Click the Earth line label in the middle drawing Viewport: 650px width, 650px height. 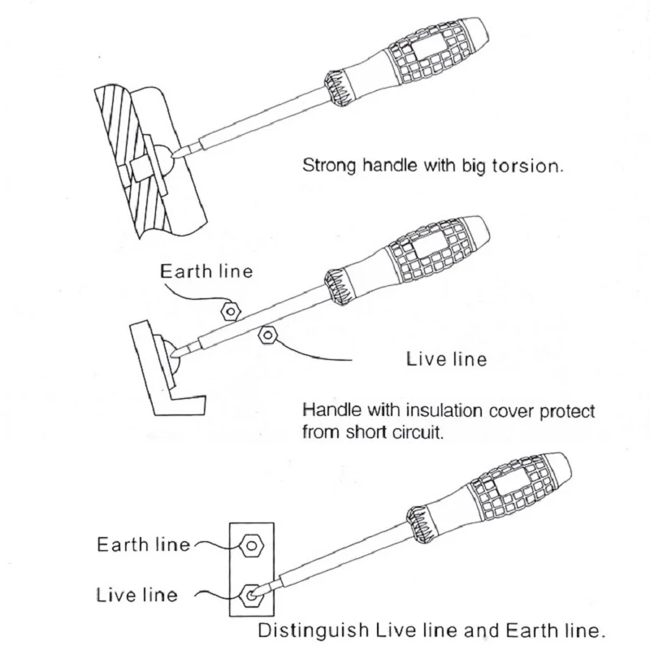206,271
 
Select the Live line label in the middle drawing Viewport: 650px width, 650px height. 446,359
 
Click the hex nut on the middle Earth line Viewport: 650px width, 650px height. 231,311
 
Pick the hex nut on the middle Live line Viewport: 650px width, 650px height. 267,335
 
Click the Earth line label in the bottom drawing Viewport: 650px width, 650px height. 144,544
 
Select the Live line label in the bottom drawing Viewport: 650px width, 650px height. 137,595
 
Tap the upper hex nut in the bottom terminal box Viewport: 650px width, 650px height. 251,545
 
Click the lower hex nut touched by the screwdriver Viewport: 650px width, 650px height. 252,596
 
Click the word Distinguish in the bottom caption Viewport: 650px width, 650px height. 314,630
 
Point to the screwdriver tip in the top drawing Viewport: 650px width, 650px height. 177,155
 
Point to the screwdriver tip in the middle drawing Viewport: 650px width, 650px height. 174,353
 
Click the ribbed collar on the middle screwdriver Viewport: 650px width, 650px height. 339,287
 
